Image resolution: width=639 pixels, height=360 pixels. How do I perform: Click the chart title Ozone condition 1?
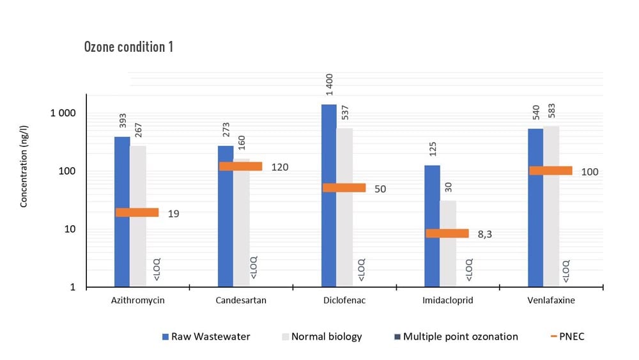pos(128,47)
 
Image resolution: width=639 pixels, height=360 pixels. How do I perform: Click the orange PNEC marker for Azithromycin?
pos(137,212)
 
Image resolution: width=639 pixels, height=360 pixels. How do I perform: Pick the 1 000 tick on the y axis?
pos(63,114)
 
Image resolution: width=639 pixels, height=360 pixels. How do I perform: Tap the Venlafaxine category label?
pos(551,301)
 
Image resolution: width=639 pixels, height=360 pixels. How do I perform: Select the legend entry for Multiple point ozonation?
pos(460,336)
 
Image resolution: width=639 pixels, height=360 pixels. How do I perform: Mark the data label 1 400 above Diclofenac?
pos(330,86)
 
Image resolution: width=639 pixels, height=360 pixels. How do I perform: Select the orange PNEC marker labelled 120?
pos(240,166)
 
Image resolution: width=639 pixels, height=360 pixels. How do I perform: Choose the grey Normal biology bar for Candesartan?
pos(241,224)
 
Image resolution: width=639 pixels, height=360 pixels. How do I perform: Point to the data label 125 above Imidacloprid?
pos(433,150)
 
